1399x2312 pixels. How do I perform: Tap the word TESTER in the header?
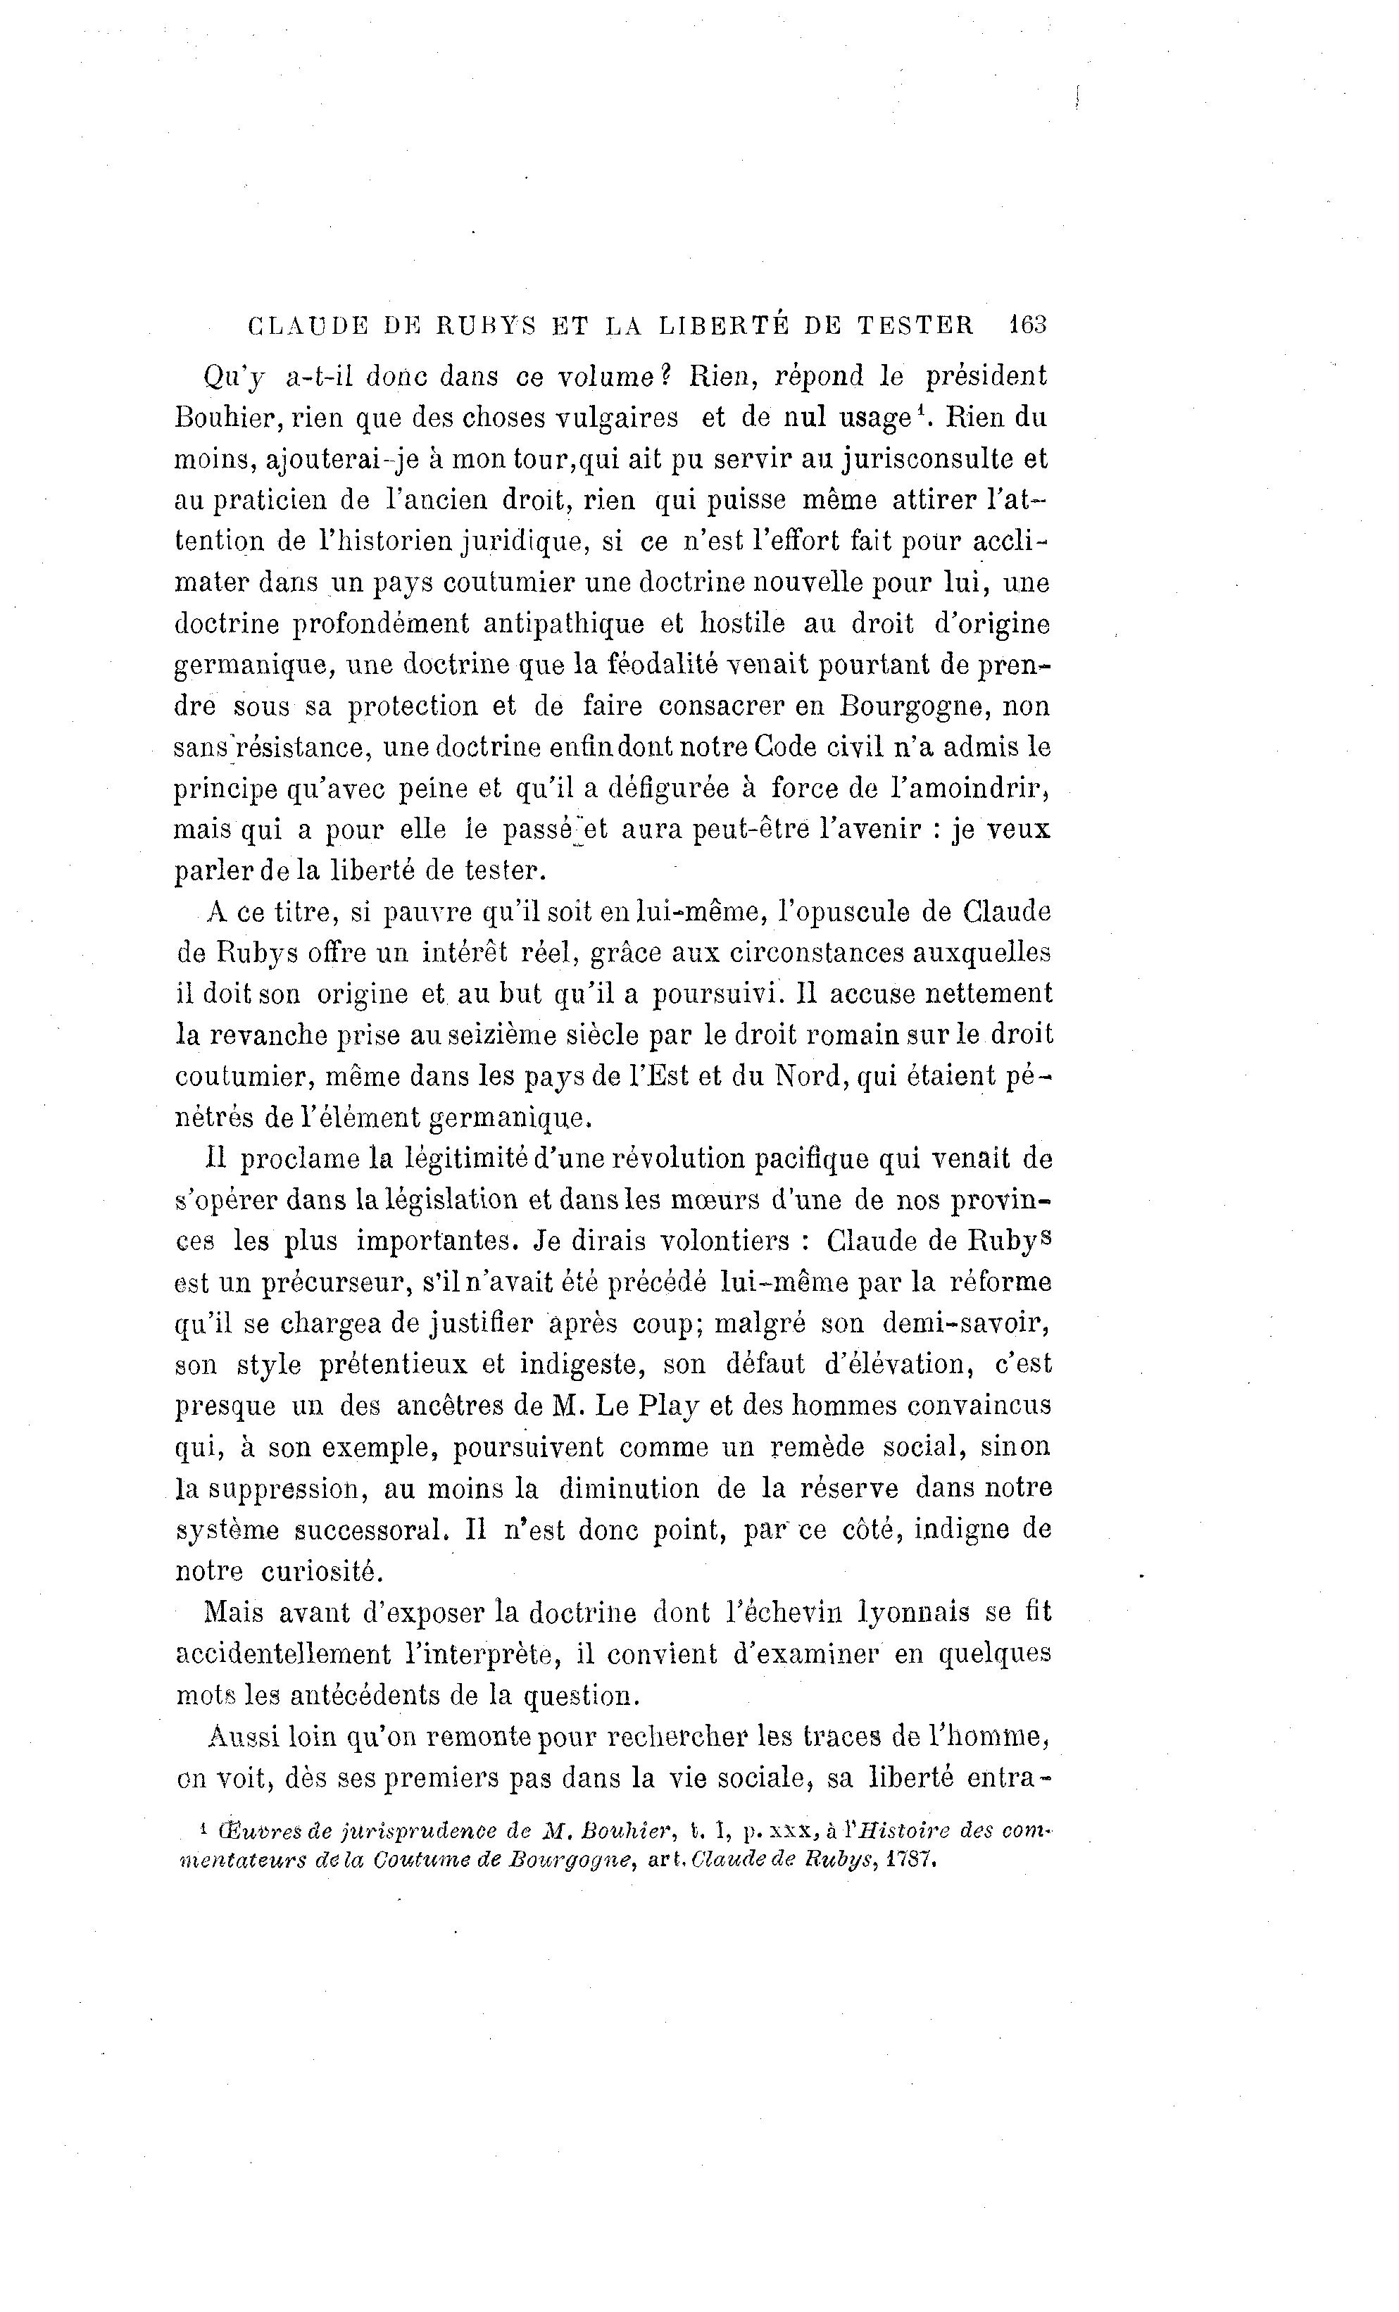coord(915,325)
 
